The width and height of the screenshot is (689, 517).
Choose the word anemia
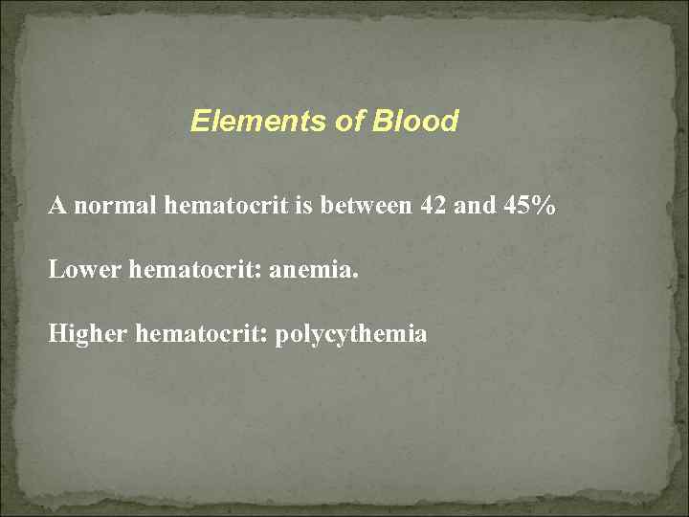(x=310, y=270)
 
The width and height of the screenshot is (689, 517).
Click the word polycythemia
(x=351, y=336)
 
